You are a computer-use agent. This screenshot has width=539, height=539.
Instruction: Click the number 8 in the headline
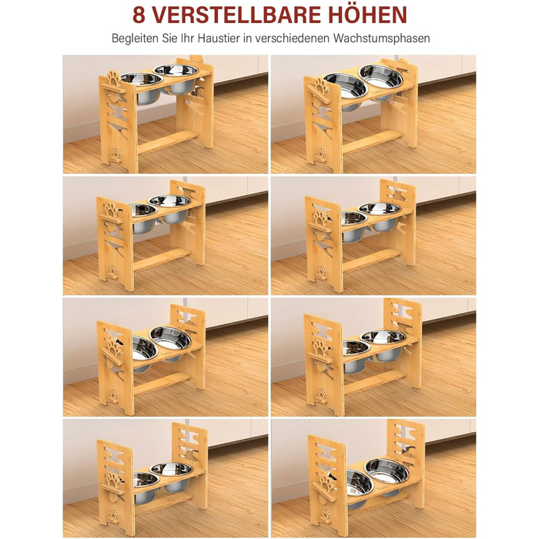coord(139,15)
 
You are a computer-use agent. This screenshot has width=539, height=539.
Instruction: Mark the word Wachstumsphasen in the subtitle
coord(381,38)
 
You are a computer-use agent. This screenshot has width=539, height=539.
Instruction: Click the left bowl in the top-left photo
coord(141,88)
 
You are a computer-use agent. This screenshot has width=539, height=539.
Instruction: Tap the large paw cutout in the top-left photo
coord(113,79)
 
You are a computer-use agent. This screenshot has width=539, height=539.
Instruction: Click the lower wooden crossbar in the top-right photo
coord(372,142)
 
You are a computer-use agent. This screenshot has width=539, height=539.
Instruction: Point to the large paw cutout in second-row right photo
coord(320,219)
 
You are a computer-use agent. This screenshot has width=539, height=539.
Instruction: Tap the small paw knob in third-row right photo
coord(322,394)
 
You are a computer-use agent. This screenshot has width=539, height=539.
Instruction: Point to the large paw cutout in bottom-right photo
coord(326,482)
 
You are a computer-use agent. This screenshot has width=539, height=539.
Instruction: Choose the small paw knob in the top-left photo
coord(116,154)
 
